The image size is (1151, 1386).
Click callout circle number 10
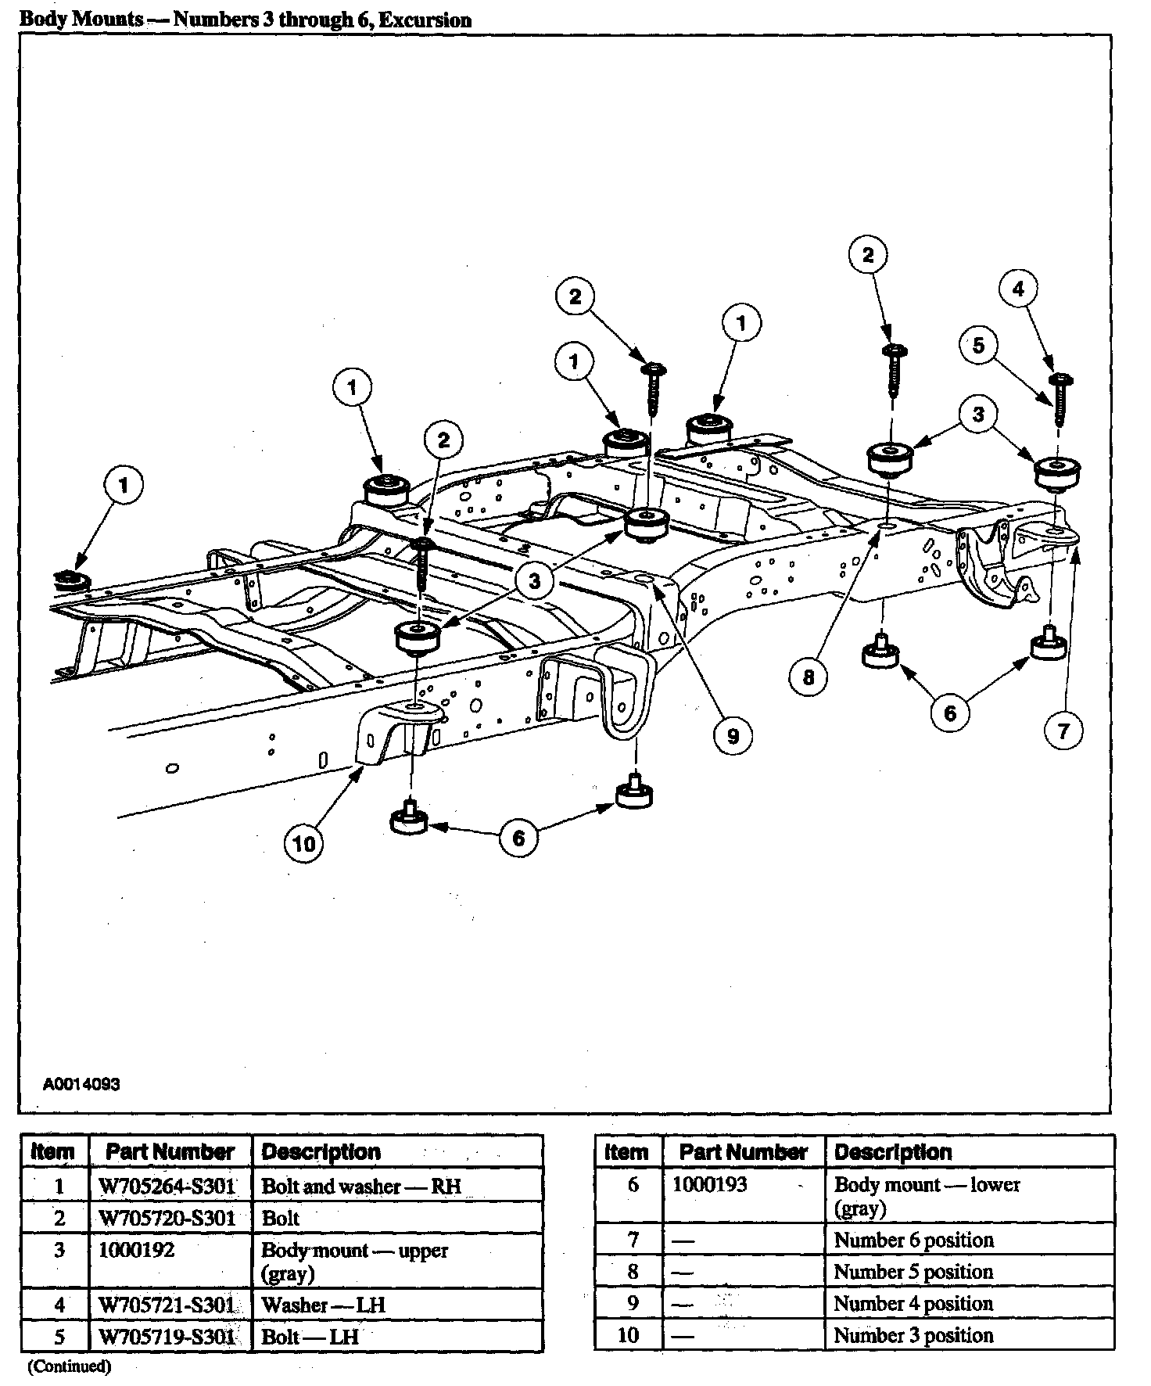(x=303, y=843)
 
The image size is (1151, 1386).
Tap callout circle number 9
(x=733, y=736)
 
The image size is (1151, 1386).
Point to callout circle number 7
(x=1063, y=731)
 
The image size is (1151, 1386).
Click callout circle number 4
(x=1018, y=289)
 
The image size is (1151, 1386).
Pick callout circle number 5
(x=979, y=345)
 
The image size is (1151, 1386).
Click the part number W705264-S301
(x=167, y=1187)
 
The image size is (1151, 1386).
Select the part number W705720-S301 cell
(x=167, y=1219)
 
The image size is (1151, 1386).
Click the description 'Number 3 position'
(x=913, y=1335)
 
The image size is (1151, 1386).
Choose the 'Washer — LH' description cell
(x=323, y=1305)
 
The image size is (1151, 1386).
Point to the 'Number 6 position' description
(x=913, y=1241)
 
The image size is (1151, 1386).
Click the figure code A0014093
(x=81, y=1085)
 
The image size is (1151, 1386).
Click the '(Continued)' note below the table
(x=69, y=1366)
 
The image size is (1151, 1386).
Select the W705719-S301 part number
(x=167, y=1336)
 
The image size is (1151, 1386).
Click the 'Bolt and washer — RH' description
(x=360, y=1187)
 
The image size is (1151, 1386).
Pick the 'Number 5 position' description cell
(x=913, y=1272)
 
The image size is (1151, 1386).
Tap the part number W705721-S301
(x=167, y=1305)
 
